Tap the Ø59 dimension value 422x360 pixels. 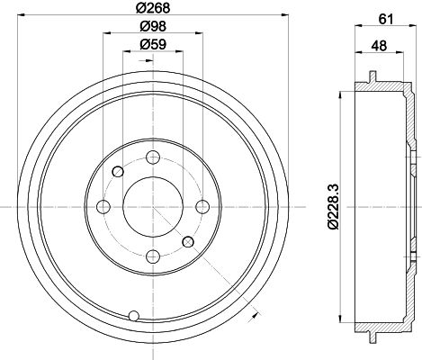(x=152, y=45)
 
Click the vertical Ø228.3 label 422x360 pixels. (x=334, y=207)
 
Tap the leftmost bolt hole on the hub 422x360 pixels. (x=103, y=207)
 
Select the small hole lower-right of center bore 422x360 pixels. (x=186, y=241)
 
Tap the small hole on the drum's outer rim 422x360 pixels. (x=135, y=315)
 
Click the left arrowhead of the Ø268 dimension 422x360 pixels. (x=22, y=17)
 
